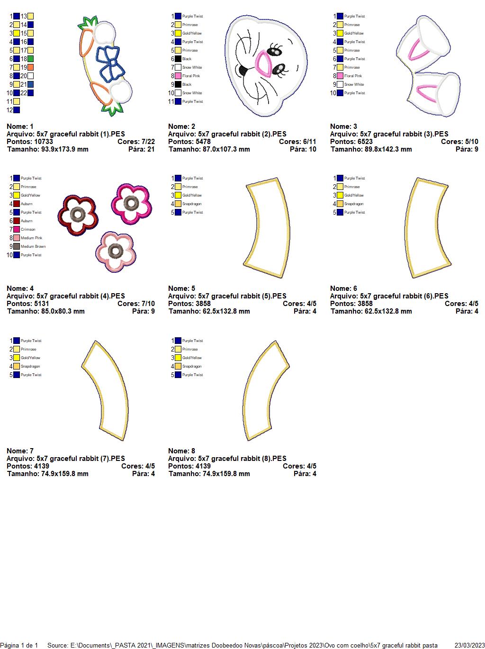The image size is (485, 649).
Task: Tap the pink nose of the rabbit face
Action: (263, 64)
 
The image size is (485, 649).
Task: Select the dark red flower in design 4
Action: (78, 215)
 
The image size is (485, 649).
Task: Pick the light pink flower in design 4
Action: (114, 251)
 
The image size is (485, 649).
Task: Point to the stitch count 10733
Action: (43, 142)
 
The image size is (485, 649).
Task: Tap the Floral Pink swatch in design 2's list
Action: (178, 76)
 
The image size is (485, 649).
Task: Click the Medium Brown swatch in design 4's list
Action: (17, 246)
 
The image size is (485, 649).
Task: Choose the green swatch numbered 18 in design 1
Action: (31, 59)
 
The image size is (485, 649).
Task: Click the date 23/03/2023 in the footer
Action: (469, 645)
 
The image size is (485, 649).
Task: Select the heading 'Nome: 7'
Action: (20, 451)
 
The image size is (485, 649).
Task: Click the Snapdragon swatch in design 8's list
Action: (178, 366)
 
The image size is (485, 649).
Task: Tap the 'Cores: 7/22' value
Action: (136, 142)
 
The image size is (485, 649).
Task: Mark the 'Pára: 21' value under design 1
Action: (142, 149)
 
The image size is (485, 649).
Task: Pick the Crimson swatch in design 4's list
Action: (17, 229)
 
